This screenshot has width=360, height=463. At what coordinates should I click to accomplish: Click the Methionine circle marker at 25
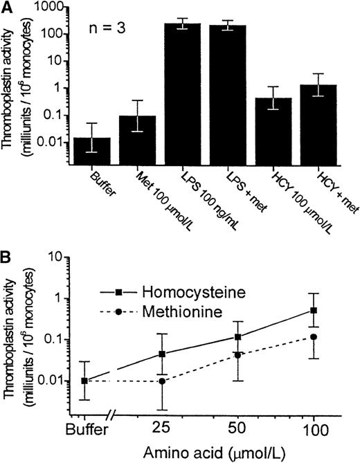tap(181, 381)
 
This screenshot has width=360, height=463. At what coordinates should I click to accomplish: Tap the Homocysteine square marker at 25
tap(181, 354)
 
